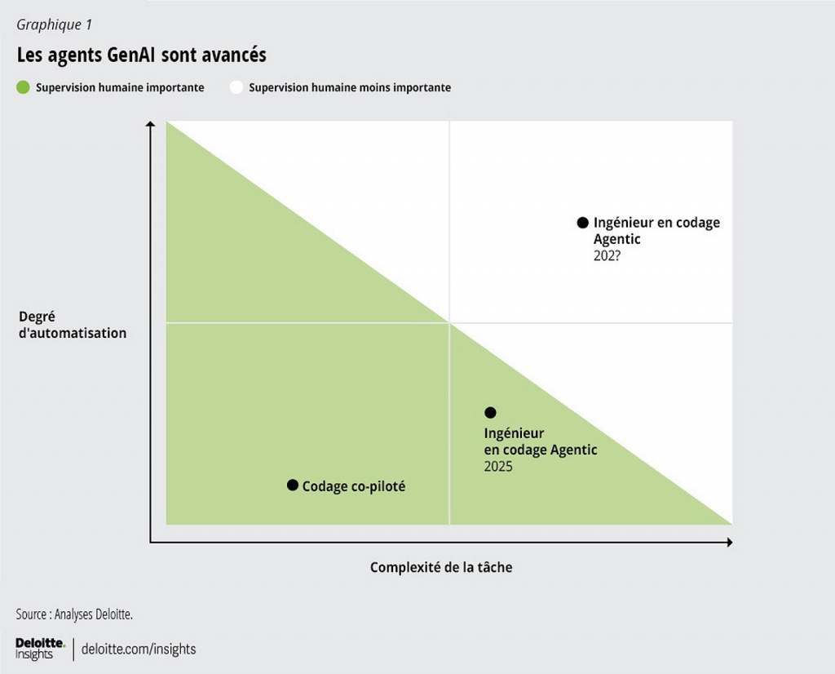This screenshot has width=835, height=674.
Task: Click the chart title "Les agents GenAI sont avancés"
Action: (x=141, y=55)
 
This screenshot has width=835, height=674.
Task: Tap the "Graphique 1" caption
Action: (x=54, y=24)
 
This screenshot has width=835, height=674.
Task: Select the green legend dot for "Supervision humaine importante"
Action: (x=23, y=87)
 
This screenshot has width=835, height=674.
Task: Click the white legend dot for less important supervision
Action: (x=236, y=87)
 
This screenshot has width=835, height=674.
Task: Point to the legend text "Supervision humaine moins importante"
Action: (x=350, y=87)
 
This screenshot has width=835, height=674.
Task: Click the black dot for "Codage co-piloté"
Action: (x=293, y=486)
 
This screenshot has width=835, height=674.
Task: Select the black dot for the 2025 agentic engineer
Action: (x=490, y=413)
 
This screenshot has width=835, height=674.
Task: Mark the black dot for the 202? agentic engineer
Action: (x=582, y=222)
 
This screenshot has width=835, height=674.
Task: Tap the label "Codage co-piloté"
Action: (x=354, y=486)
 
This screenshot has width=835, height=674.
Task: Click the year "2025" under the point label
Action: (x=498, y=467)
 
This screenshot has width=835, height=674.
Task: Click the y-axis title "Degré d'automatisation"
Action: (x=72, y=325)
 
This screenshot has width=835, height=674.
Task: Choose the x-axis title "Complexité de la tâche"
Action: (x=441, y=567)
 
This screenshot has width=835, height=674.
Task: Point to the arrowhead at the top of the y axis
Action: (x=150, y=125)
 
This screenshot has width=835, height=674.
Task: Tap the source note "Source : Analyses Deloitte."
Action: (x=74, y=614)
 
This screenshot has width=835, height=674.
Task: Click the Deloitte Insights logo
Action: (x=40, y=649)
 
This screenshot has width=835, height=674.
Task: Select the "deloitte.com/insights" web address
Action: (x=139, y=650)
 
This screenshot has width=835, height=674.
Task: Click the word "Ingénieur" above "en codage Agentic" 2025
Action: (x=514, y=433)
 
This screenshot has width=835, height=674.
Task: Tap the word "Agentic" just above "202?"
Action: (x=617, y=239)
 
